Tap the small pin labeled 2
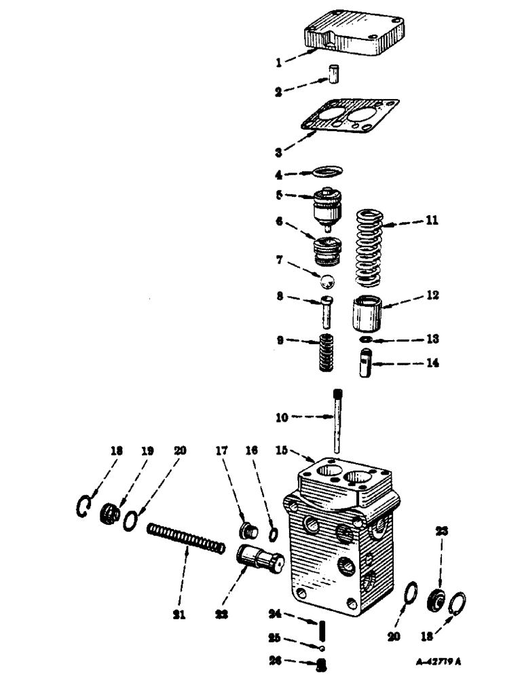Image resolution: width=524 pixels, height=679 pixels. click(x=334, y=73)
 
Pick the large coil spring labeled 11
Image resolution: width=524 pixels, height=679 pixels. click(x=371, y=248)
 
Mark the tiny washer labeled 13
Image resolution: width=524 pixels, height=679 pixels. click(x=364, y=339)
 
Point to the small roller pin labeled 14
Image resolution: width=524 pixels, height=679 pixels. click(x=367, y=364)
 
